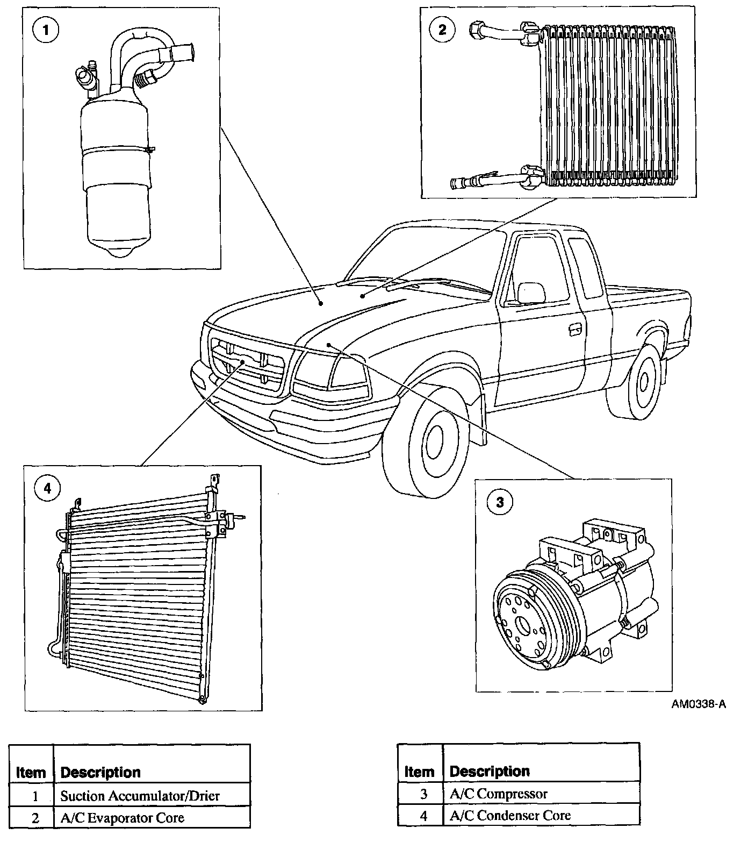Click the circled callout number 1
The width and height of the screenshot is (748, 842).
(46, 30)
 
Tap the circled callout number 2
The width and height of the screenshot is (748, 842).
(442, 29)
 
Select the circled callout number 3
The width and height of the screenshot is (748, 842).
(499, 502)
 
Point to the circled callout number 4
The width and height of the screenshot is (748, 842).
(47, 488)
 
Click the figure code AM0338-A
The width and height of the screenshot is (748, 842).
(698, 703)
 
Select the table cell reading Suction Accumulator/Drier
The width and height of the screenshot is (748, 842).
(140, 795)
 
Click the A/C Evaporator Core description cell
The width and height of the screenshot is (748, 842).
(122, 818)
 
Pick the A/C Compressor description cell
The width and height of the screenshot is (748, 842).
(498, 793)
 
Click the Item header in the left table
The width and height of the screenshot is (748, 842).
(31, 773)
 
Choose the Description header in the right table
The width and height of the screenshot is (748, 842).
(490, 771)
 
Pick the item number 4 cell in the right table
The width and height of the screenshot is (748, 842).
(423, 815)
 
